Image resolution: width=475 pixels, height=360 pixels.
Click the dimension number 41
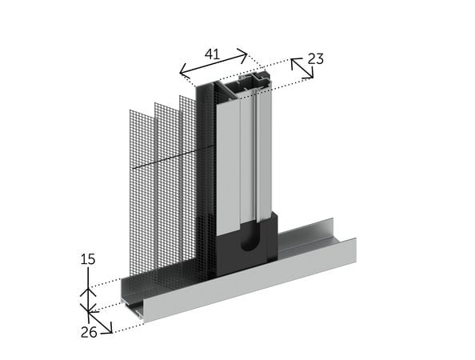tap(212, 54)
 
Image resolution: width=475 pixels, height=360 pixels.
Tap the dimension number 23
tap(316, 58)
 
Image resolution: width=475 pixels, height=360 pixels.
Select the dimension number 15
tap(88, 259)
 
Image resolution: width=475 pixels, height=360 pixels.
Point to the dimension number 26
tap(89, 333)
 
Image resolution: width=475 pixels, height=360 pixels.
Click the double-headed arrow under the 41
tap(214, 63)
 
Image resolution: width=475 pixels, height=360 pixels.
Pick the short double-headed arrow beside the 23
tap(302, 68)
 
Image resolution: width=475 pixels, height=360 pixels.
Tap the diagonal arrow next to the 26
tap(99, 322)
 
